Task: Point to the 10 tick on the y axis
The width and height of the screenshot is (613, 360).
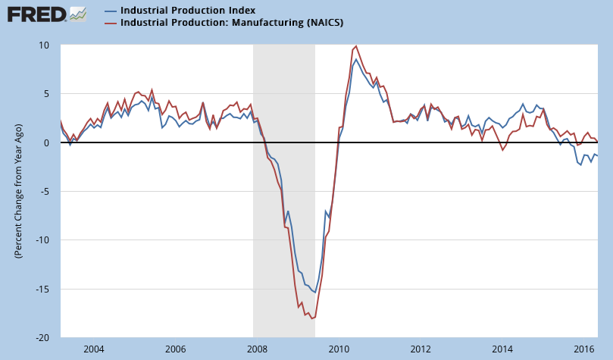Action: [45, 45]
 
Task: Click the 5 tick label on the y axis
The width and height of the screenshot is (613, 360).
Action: [48, 94]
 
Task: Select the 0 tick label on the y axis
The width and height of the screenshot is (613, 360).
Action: [48, 142]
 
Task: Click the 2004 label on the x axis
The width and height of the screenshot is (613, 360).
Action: [93, 349]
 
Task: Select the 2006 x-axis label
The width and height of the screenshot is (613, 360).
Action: [175, 349]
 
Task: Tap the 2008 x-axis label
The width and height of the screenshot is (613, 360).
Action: [257, 349]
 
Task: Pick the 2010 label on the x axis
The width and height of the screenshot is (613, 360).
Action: [339, 349]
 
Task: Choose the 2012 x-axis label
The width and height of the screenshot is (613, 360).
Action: [421, 349]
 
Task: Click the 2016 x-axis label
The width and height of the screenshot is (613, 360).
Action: [583, 349]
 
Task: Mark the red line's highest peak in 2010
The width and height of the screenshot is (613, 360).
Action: [357, 45]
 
